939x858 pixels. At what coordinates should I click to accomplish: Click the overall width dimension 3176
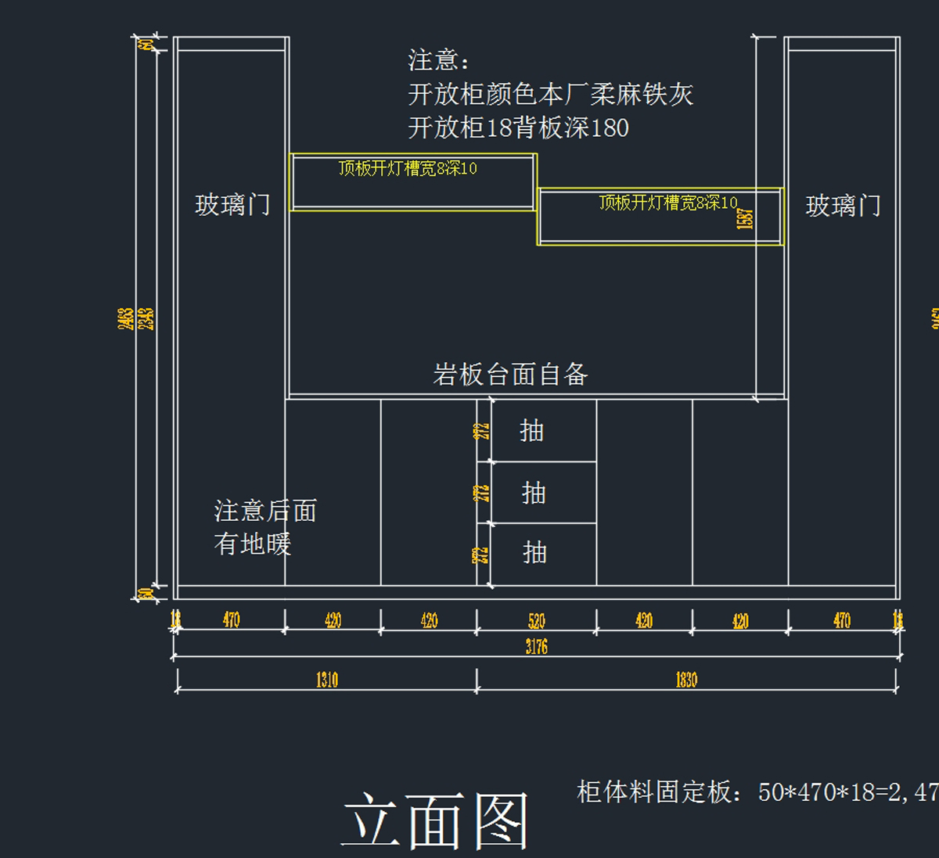click(536, 647)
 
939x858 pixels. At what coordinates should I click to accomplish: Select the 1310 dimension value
click(327, 680)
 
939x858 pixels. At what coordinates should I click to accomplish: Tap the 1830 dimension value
click(686, 680)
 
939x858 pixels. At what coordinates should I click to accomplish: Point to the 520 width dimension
click(536, 621)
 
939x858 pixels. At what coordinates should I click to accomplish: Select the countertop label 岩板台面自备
click(510, 375)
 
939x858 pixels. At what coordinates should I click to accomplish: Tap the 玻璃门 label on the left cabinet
click(232, 205)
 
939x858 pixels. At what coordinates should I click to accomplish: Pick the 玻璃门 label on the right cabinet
click(843, 206)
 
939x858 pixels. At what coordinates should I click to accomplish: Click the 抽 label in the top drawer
click(531, 430)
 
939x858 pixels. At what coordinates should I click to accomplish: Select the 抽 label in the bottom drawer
click(534, 553)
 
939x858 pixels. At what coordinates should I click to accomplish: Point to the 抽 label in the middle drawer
click(534, 493)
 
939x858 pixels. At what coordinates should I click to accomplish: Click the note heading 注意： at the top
click(439, 60)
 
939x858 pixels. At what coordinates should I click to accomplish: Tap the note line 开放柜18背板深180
click(518, 127)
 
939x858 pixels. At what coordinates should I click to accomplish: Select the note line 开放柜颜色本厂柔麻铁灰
click(550, 95)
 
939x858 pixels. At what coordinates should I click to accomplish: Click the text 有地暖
click(252, 544)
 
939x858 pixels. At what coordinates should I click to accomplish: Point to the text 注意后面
click(265, 511)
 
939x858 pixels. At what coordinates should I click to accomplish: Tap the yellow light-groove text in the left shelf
click(408, 168)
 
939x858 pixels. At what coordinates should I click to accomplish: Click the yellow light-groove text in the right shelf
click(667, 203)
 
